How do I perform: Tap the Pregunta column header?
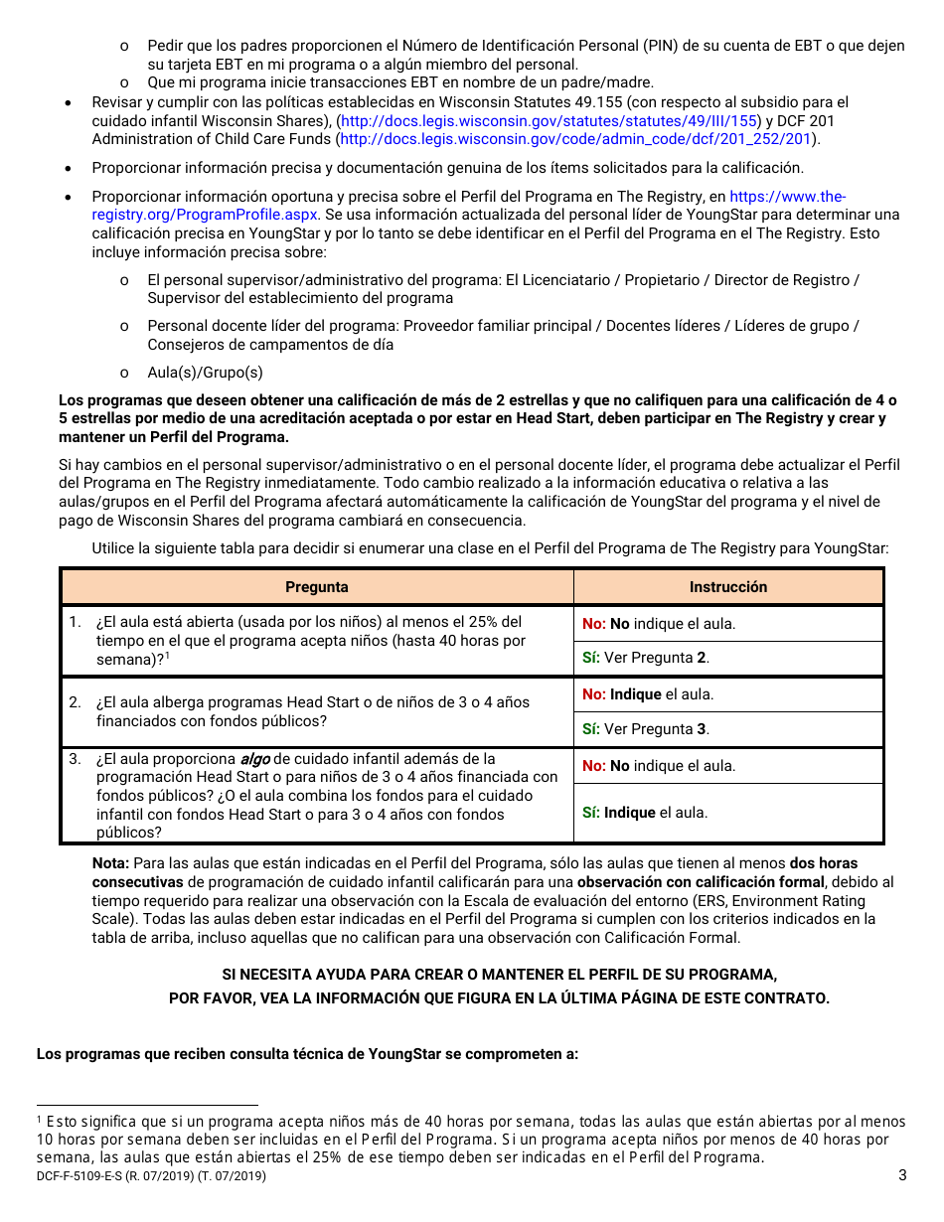tap(317, 587)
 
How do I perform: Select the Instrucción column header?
tap(728, 587)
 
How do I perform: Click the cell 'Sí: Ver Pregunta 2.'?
tap(646, 658)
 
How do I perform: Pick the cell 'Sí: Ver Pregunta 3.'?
tap(646, 729)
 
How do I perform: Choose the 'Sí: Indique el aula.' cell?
tap(645, 813)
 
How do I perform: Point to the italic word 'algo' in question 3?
tap(254, 759)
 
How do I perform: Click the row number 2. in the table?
tap(75, 702)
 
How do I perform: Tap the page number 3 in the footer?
tap(902, 1176)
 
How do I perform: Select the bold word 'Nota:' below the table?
tap(110, 863)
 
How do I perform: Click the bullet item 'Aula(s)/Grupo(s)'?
tap(205, 373)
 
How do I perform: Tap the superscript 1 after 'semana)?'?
tap(168, 656)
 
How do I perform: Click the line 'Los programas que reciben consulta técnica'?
tap(307, 1053)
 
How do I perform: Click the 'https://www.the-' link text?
tap(787, 197)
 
